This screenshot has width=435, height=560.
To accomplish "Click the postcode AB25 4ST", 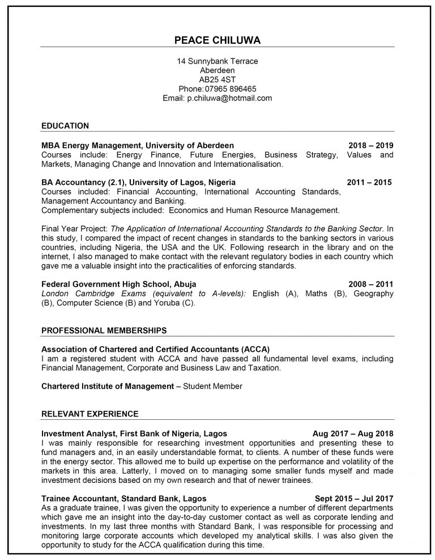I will [x=217, y=79].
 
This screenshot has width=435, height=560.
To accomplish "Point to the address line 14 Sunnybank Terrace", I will [x=217, y=61].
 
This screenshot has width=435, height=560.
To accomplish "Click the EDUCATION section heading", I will [x=65, y=125].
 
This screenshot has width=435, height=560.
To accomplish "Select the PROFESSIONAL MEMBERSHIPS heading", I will [x=104, y=330].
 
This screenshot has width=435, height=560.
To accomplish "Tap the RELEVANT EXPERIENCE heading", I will [x=90, y=414].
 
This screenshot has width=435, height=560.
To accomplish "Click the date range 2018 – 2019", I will [x=370, y=146].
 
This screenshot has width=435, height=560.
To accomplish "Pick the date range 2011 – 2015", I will [x=369, y=183].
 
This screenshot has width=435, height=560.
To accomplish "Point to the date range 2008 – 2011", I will [x=370, y=284].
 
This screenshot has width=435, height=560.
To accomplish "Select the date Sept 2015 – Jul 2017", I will [x=354, y=498].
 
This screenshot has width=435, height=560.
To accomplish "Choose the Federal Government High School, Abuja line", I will [x=119, y=284].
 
